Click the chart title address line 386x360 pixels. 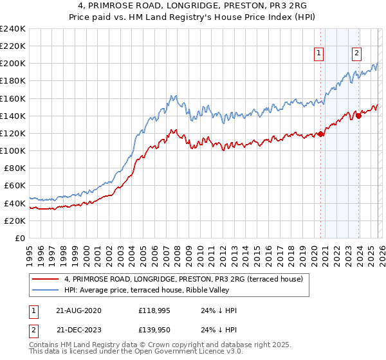click(x=193, y=6)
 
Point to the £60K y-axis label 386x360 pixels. click(x=14, y=185)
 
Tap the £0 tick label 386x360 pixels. click(x=20, y=238)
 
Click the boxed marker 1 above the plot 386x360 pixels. click(x=319, y=53)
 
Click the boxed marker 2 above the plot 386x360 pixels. click(x=356, y=53)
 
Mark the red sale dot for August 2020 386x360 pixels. click(x=320, y=134)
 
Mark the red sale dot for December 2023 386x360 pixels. click(x=358, y=116)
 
